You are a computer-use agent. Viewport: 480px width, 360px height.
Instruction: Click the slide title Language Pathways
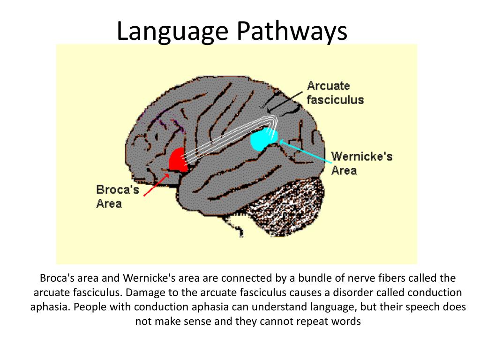[232, 31]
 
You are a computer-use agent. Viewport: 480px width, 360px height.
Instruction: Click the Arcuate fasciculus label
[335, 93]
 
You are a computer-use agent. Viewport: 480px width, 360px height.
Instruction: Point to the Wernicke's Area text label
[361, 163]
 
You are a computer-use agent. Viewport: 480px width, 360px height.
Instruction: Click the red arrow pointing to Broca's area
[157, 184]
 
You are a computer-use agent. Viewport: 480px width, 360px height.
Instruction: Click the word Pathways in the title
[292, 31]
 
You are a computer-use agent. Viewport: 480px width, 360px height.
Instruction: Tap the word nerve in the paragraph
[351, 278]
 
